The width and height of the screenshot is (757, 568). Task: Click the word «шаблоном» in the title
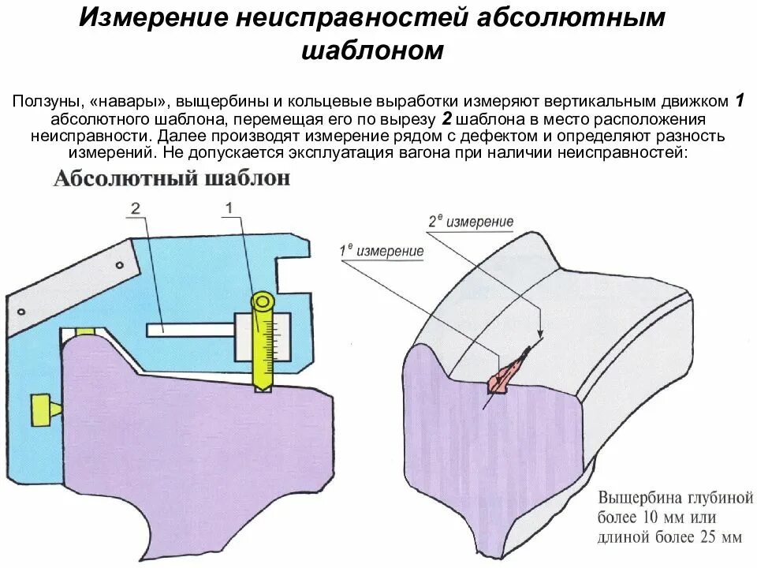[x=374, y=51]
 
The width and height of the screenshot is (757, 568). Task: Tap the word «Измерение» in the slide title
[x=149, y=17]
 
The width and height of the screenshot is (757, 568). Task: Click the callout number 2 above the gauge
[x=136, y=209]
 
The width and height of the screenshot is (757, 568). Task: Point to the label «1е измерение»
[x=382, y=251]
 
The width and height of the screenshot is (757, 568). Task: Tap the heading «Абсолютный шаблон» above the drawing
[x=172, y=179]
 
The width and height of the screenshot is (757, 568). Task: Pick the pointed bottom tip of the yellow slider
[x=262, y=387]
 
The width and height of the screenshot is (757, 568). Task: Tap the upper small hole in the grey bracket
[x=120, y=265]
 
